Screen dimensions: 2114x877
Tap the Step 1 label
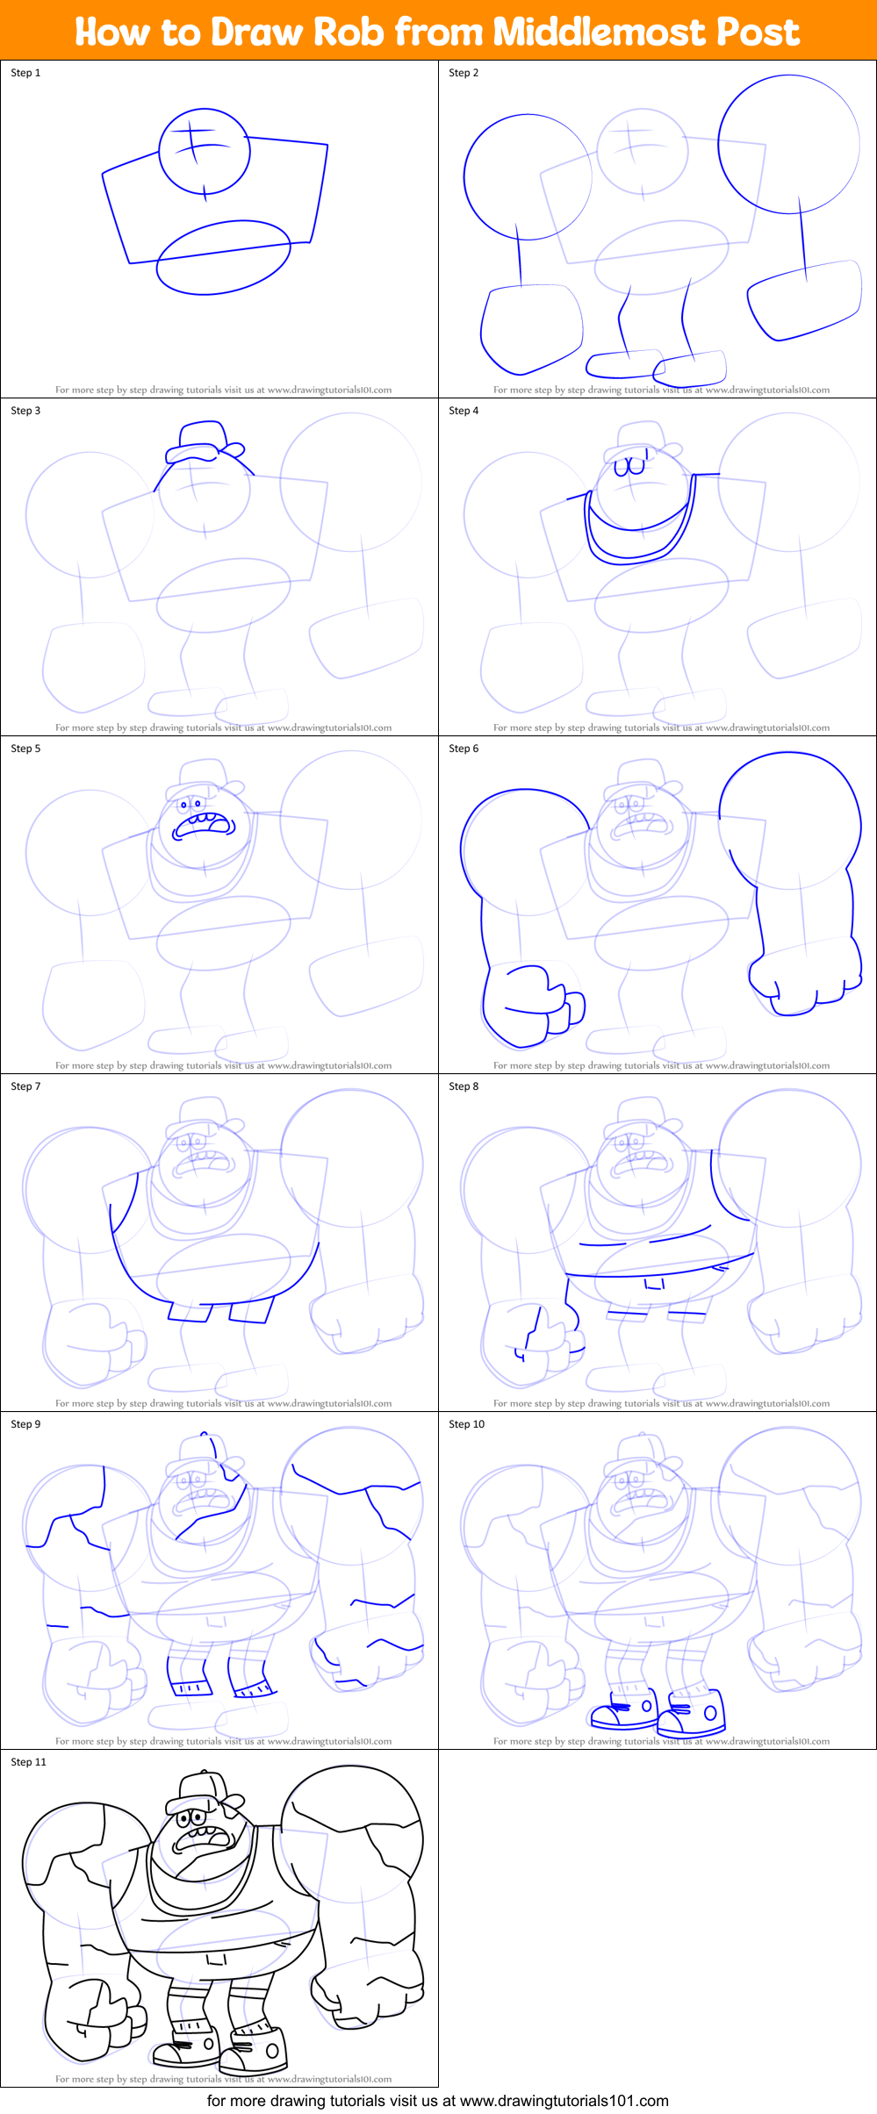tap(25, 73)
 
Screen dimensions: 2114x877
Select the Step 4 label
tap(464, 411)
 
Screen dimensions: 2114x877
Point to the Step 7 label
tap(25, 1086)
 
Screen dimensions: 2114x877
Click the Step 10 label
tap(466, 1424)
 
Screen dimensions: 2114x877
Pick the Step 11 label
tap(28, 1762)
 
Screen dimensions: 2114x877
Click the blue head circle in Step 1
tap(205, 152)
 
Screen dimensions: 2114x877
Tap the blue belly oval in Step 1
tap(223, 257)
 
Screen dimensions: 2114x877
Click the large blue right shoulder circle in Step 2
tap(788, 144)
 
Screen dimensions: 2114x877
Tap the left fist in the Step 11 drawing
tap(92, 2018)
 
